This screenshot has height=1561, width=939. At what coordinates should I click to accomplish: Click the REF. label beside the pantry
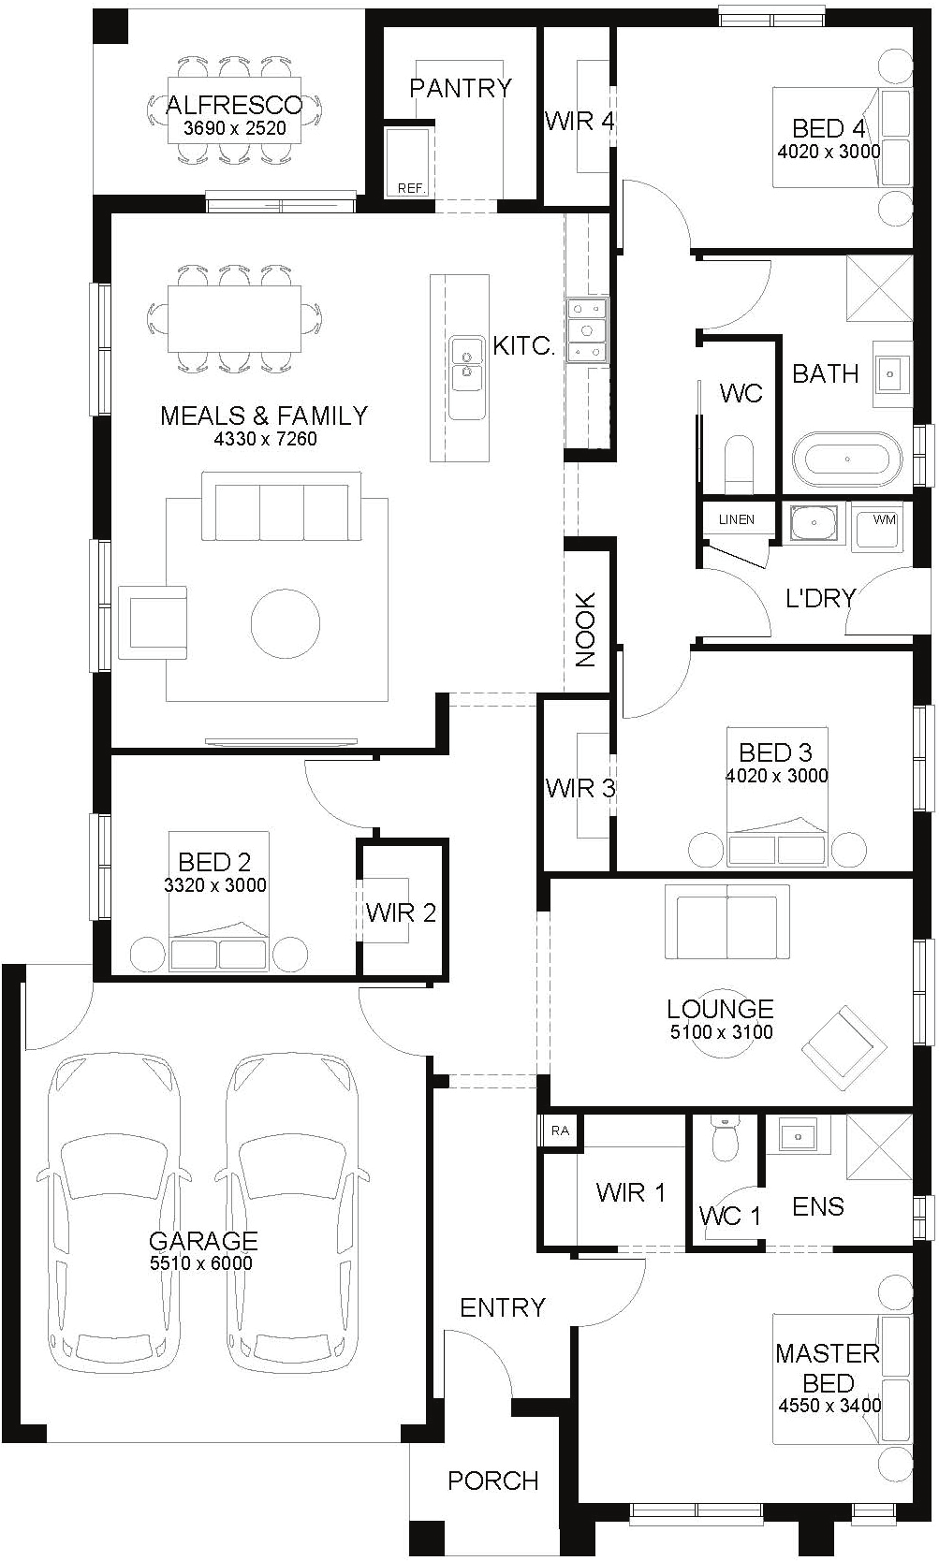[x=411, y=188]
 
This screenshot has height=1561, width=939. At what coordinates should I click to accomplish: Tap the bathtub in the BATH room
[x=847, y=460]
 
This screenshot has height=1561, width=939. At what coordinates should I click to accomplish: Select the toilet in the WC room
[x=739, y=464]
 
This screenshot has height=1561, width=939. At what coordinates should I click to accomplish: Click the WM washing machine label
[x=883, y=519]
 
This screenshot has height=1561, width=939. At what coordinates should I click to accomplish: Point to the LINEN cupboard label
[x=736, y=519]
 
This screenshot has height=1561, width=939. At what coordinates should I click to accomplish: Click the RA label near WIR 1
[x=560, y=1131]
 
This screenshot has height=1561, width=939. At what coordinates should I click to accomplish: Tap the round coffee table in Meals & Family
[x=286, y=623]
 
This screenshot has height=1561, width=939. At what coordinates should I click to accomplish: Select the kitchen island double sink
[x=466, y=377]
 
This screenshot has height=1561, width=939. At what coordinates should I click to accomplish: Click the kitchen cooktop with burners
[x=587, y=330]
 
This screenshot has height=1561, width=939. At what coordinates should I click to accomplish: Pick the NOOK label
[x=585, y=629]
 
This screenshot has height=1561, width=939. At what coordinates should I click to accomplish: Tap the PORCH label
[x=492, y=1481]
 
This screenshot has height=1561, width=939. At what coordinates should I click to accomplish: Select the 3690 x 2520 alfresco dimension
[x=235, y=127]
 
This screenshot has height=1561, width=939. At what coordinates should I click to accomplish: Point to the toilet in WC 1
[x=725, y=1138]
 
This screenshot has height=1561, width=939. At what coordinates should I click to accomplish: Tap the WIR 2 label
[x=401, y=912]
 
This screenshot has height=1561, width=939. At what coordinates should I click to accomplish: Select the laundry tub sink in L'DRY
[x=813, y=522]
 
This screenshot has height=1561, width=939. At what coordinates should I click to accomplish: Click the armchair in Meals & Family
[x=153, y=622]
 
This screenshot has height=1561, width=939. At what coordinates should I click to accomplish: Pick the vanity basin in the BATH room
[x=891, y=374]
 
